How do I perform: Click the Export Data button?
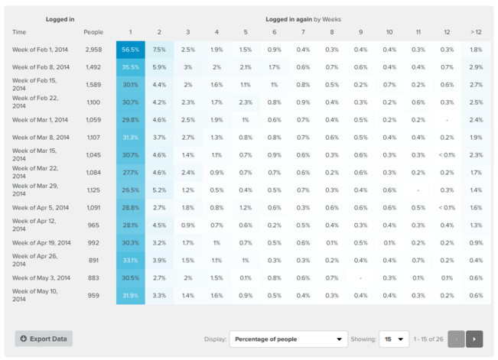[44, 339]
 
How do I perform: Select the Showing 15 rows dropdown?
[393, 339]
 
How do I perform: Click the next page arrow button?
[474, 339]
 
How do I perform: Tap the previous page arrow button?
[457, 339]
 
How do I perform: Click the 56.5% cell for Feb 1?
[130, 50]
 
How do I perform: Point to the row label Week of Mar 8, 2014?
[41, 138]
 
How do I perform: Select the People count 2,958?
[93, 50]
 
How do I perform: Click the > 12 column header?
[476, 32]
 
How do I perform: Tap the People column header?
[93, 32]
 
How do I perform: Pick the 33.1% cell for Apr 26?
[130, 260]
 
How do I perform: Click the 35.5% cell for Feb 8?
[130, 67]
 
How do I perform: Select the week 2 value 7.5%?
[159, 50]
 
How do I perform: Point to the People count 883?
[93, 277]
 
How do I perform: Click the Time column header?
[19, 32]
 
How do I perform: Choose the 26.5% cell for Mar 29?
[130, 190]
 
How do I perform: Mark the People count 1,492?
[93, 67]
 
